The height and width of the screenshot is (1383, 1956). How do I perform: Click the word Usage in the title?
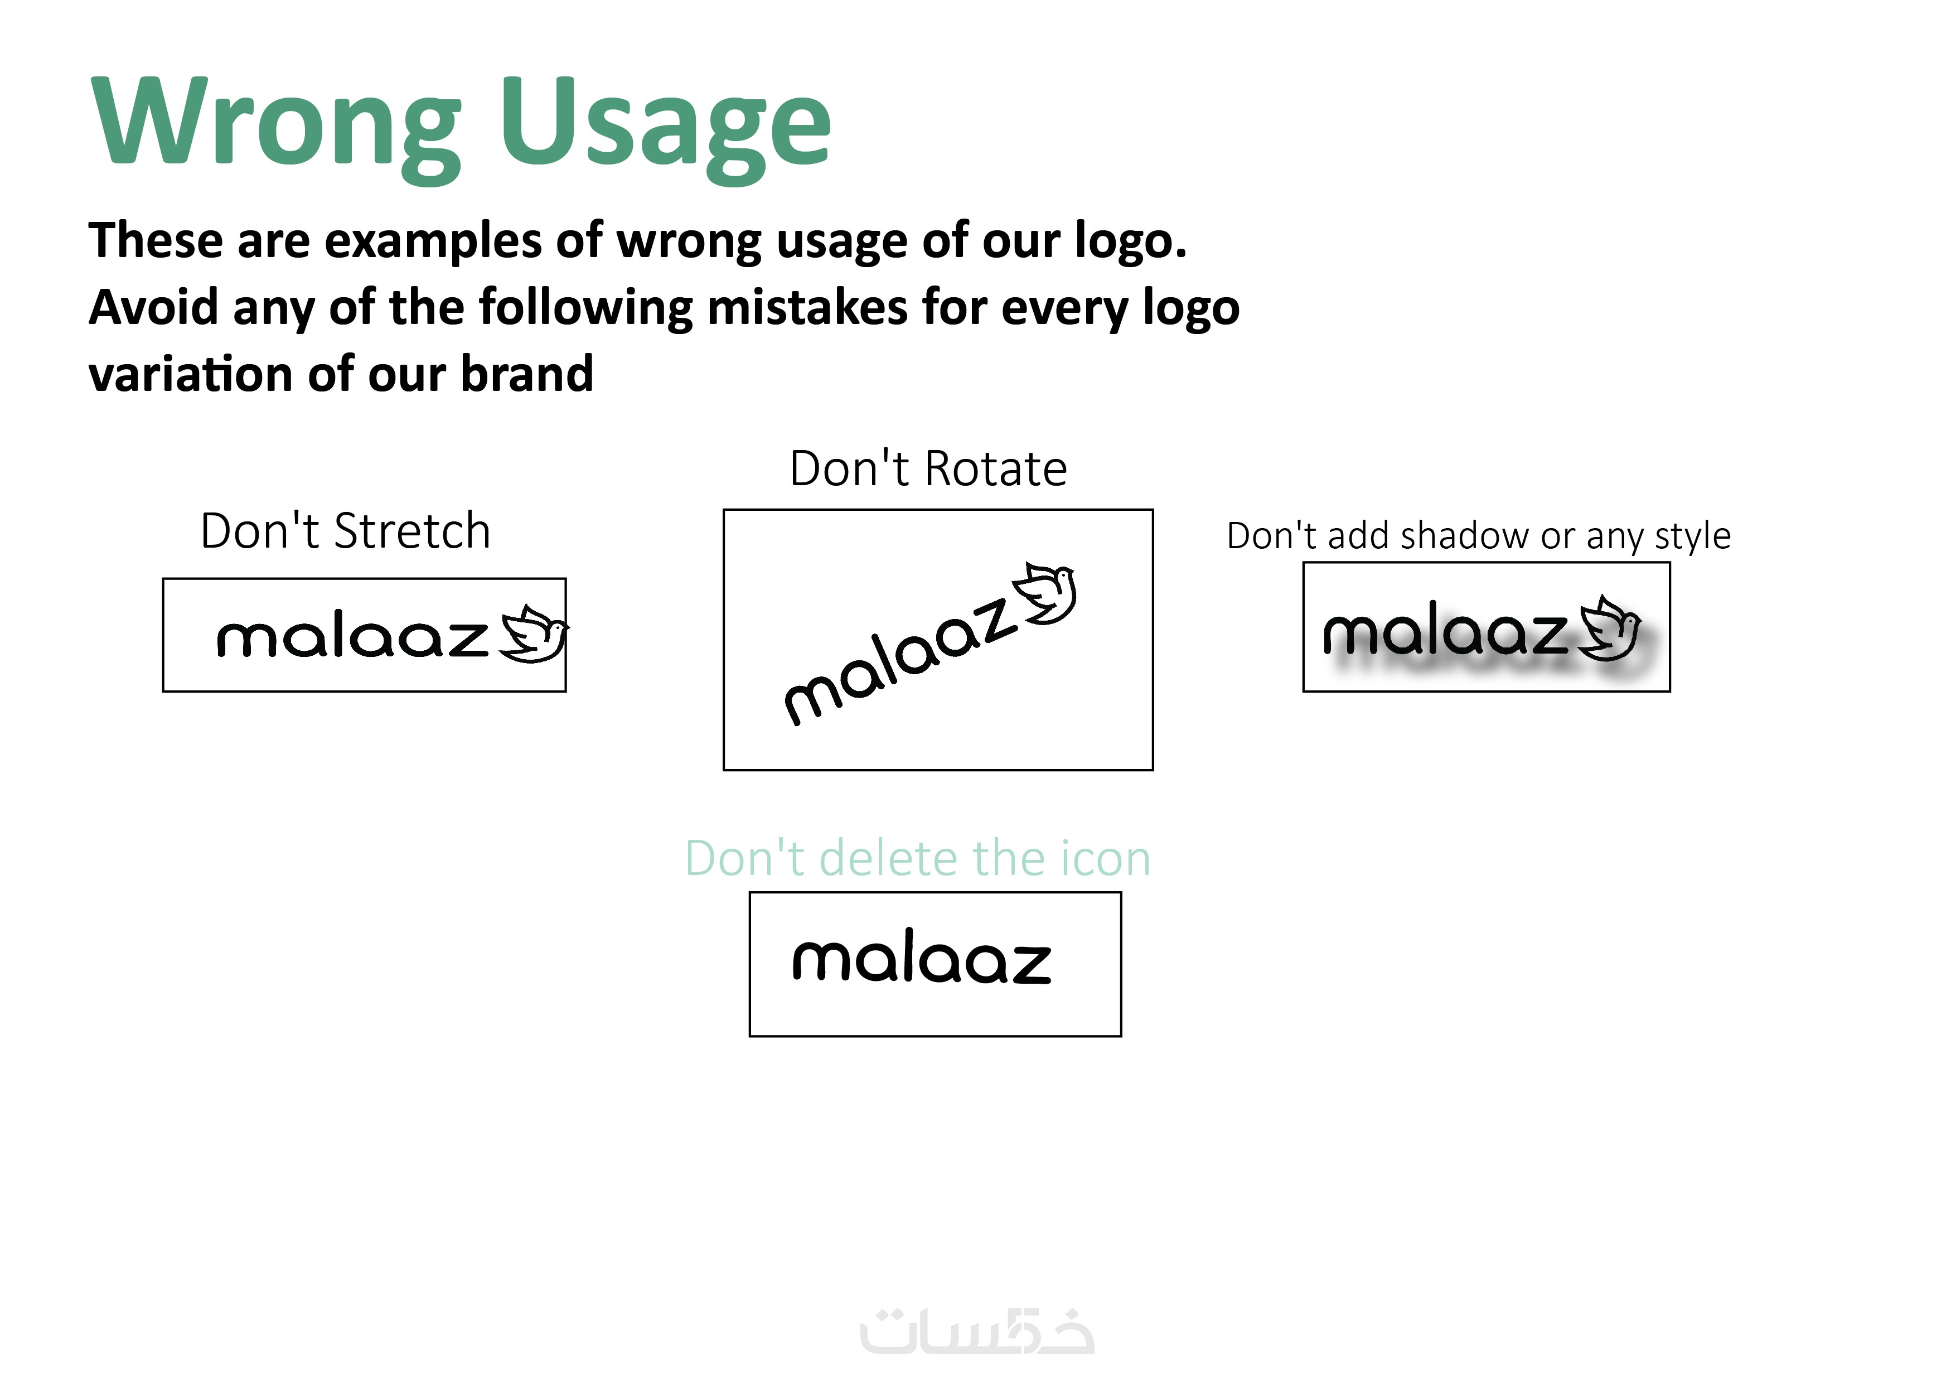pyautogui.click(x=665, y=128)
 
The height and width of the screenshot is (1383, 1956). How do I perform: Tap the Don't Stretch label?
pyautogui.click(x=345, y=531)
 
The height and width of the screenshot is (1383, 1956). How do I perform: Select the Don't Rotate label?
pyautogui.click(x=928, y=468)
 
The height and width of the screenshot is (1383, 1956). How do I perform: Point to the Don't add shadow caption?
pyautogui.click(x=1479, y=536)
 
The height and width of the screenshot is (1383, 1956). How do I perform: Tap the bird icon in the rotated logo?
pyautogui.click(x=1045, y=593)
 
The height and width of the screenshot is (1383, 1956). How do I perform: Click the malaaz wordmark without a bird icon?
pyautogui.click(x=922, y=956)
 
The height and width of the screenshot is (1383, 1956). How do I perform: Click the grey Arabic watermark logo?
pyautogui.click(x=977, y=1332)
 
